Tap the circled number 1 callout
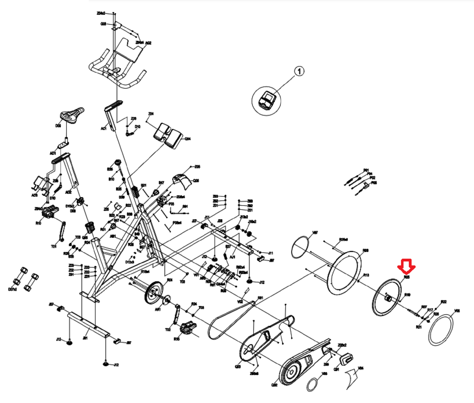[x=299, y=71]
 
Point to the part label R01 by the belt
[x=260, y=298]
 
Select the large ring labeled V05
[x=440, y=330]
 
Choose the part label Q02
[x=274, y=385]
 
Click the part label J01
[x=85, y=338]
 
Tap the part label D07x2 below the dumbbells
[x=12, y=289]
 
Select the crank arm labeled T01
[x=63, y=231]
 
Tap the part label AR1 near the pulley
[x=158, y=309]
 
